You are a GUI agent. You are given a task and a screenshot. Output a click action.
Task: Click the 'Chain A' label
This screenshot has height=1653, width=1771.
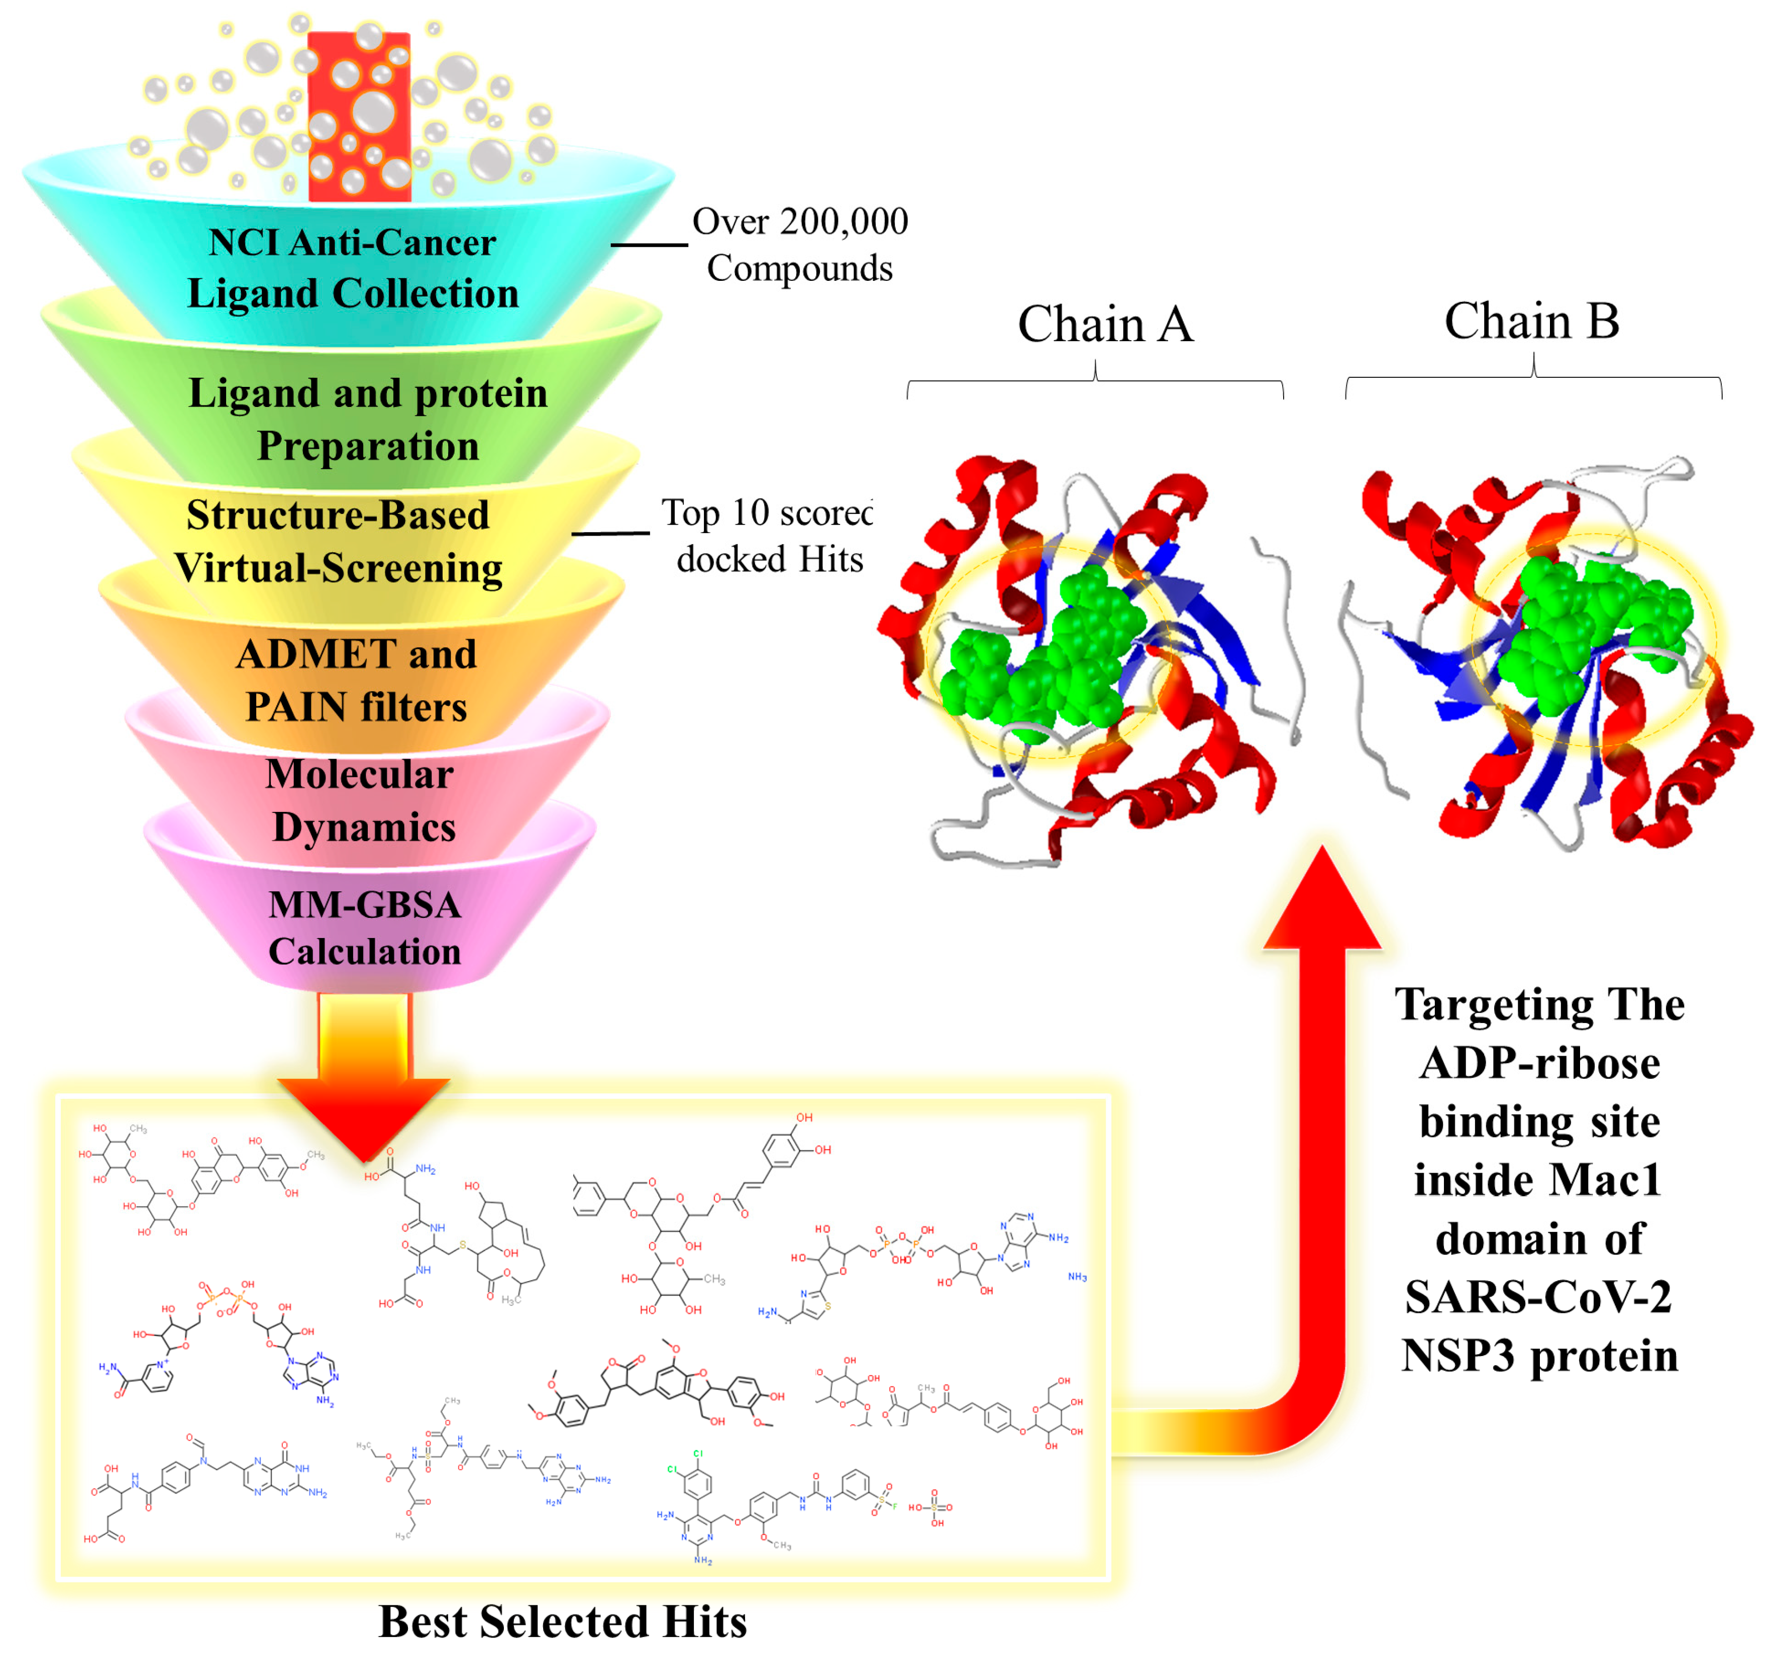(1105, 325)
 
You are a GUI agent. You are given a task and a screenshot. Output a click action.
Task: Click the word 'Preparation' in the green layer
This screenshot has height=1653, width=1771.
(368, 446)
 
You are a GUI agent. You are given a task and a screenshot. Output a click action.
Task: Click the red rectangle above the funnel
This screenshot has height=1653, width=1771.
(359, 116)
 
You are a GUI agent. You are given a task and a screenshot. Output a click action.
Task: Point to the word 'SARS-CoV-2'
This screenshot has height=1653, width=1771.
(1538, 1297)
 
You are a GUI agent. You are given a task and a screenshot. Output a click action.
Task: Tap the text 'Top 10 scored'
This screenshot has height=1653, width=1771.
(766, 513)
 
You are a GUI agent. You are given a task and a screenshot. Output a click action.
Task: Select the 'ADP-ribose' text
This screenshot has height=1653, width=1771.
(1539, 1063)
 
